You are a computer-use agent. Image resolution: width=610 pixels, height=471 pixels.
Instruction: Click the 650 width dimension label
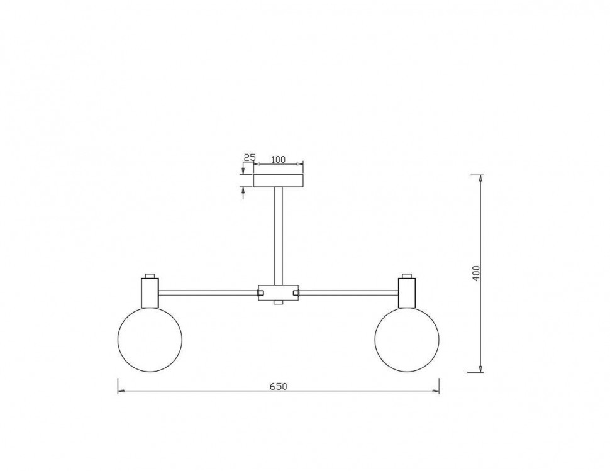pos(278,386)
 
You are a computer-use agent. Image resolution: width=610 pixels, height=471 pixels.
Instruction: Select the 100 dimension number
pos(278,160)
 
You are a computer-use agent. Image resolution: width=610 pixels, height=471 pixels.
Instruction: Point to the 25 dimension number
pos(250,157)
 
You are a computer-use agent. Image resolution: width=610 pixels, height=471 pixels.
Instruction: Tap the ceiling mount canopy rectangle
pos(278,181)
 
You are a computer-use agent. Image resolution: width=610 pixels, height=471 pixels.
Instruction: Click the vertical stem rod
pos(279,236)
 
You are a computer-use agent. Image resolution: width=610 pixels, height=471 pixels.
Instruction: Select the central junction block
pos(279,292)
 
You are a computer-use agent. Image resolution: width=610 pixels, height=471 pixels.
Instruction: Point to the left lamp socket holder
pos(150,292)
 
